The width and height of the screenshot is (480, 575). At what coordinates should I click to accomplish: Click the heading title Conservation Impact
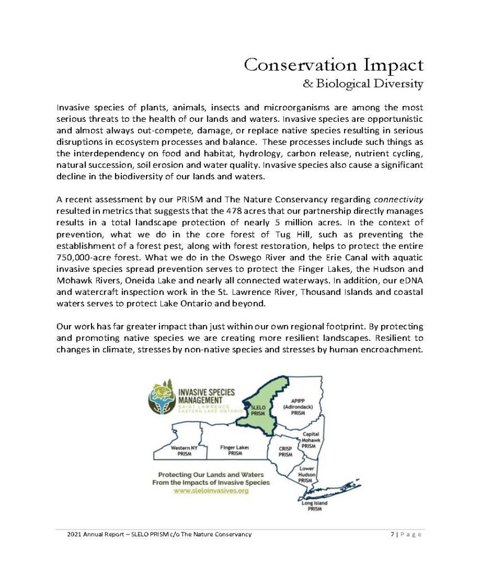(333, 65)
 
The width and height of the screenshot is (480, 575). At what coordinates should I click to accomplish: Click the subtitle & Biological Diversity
(363, 84)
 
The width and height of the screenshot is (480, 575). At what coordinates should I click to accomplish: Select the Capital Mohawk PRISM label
(311, 440)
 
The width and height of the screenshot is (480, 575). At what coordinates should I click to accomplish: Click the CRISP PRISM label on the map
(286, 451)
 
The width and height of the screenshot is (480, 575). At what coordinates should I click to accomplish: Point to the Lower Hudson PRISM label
(306, 474)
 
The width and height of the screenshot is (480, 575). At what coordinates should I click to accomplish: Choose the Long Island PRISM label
(315, 506)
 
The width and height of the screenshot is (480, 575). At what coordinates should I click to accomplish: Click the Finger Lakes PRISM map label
(235, 450)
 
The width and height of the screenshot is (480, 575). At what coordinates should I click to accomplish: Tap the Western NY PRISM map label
(184, 450)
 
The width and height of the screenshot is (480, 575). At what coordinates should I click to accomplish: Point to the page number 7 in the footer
(392, 534)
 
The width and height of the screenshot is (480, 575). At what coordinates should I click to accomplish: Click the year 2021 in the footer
(74, 534)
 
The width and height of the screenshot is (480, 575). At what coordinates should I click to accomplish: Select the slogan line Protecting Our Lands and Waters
(211, 474)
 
